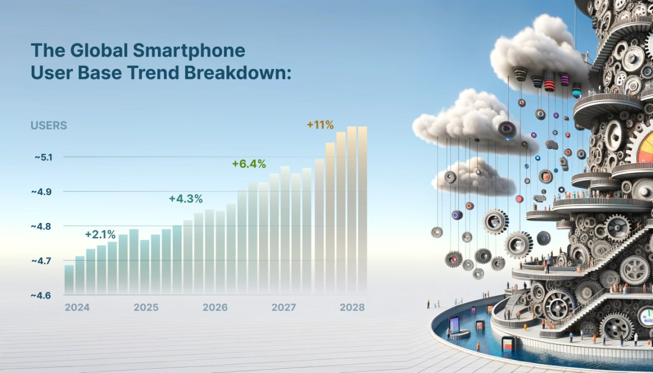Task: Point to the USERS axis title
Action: pos(48,126)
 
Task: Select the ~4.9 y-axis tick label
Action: pos(42,192)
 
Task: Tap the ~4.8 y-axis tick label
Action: pos(42,226)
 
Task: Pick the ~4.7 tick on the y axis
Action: pos(42,261)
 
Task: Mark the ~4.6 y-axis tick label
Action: pos(42,295)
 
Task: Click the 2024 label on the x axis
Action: pos(77,307)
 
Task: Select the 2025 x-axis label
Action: pos(146,307)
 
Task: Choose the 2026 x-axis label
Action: pos(215,307)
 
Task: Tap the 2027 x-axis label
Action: pos(284,307)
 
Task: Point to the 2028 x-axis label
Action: pos(352,307)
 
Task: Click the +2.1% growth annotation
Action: pos(100,235)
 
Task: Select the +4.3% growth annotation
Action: pos(186,198)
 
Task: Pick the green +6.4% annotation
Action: pos(249,164)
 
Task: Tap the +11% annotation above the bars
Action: pos(320,125)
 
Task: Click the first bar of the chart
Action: pos(69,278)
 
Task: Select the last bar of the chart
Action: pos(362,209)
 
